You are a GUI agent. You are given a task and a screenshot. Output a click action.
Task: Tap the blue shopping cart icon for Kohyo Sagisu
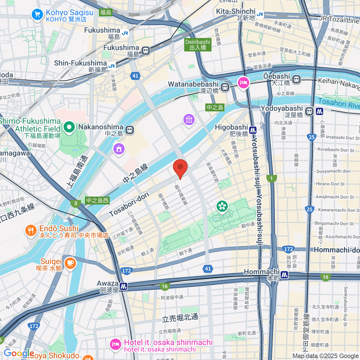point(37,14)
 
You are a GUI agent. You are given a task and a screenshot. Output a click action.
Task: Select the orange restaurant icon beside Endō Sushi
point(31,231)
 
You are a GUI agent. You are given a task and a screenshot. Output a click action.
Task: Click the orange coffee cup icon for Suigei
point(70,263)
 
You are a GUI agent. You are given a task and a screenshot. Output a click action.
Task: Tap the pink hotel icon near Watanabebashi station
point(243,82)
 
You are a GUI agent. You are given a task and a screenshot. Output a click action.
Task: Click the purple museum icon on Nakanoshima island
point(189,120)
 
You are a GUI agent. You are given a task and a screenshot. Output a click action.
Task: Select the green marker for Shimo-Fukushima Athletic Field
point(69,127)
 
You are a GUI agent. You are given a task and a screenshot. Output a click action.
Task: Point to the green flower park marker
point(222,206)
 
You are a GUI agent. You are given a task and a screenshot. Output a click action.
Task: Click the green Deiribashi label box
point(198,45)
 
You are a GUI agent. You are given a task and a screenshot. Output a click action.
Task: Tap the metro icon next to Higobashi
point(253,130)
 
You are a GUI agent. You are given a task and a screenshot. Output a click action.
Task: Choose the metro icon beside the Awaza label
point(123,286)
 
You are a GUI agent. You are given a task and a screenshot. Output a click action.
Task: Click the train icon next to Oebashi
point(296,79)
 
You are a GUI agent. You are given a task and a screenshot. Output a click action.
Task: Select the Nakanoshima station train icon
point(130,130)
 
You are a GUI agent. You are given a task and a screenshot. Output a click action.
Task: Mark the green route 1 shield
point(271,178)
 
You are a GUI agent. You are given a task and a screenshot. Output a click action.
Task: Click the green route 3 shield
point(76,203)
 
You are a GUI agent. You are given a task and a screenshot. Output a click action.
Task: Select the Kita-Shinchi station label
point(236,11)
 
